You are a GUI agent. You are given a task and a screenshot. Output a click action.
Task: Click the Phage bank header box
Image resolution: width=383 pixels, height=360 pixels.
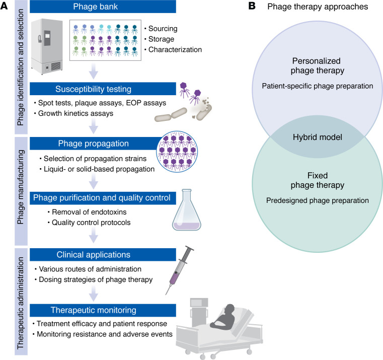pyautogui.click(x=103, y=7)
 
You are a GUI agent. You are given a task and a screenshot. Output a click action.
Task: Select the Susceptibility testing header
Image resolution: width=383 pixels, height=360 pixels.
pyautogui.click(x=103, y=89)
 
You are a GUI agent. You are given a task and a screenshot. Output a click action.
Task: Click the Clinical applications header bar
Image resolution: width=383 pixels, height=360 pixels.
pyautogui.click(x=103, y=255)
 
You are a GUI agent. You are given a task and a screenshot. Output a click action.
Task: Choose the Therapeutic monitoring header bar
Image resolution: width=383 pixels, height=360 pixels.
pyautogui.click(x=103, y=310)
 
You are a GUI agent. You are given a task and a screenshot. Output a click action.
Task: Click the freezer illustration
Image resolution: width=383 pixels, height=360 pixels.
pyautogui.click(x=47, y=47)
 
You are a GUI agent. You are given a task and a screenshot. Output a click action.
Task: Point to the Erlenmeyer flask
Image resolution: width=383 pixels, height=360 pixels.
pyautogui.click(x=187, y=209)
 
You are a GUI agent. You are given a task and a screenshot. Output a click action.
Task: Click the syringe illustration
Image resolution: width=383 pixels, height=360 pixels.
pyautogui.click(x=180, y=270)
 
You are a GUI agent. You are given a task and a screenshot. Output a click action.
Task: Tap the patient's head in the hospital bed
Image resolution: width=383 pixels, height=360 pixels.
pyautogui.click(x=229, y=309)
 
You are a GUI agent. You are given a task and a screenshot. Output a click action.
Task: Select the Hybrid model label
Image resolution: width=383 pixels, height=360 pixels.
pyautogui.click(x=317, y=137)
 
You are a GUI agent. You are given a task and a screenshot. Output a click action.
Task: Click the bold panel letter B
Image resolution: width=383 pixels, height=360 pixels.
pyautogui.click(x=252, y=6)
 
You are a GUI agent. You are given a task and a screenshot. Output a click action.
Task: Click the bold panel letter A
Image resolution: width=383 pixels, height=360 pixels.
pyautogui.click(x=4, y=6)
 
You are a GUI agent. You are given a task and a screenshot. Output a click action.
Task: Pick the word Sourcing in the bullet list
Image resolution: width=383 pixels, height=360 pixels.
pyautogui.click(x=163, y=29)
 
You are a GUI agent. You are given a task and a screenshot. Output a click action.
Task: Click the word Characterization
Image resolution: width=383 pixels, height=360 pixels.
pyautogui.click(x=175, y=50)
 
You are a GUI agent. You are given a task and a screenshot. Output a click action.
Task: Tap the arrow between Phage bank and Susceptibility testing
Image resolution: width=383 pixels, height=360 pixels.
pyautogui.click(x=93, y=71)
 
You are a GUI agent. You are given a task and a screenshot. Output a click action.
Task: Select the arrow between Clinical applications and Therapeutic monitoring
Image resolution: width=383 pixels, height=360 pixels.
pyautogui.click(x=93, y=294)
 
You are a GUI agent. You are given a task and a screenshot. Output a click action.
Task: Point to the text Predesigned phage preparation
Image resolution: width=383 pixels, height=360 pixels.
pyautogui.click(x=317, y=200)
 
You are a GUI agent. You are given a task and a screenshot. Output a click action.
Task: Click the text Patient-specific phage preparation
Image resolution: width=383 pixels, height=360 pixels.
pyautogui.click(x=317, y=86)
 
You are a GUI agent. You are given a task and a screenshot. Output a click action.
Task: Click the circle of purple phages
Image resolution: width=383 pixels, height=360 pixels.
pyautogui.click(x=177, y=152)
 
